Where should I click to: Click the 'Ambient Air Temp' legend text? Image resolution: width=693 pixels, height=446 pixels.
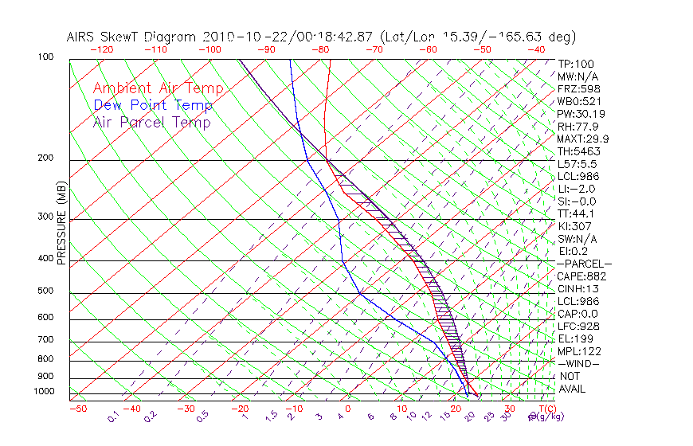[158, 88]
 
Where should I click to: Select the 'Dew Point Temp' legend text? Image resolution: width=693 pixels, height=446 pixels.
[152, 105]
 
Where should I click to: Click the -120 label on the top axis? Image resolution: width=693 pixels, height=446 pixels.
[101, 49]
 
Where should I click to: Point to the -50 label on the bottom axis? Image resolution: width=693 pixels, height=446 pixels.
[77, 409]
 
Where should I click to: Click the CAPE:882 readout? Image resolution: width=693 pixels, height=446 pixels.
[581, 276]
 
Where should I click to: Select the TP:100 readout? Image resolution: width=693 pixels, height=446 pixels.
[576, 64]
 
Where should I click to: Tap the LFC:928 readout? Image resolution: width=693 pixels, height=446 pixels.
[578, 327]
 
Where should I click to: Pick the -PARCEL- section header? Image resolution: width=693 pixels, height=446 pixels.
[584, 264]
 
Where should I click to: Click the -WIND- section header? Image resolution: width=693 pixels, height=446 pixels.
[578, 363]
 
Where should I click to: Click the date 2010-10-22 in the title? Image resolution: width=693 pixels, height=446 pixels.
[243, 37]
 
